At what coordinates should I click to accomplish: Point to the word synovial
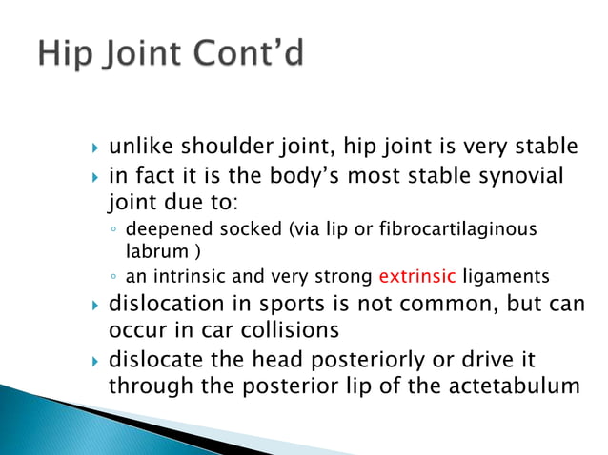(524, 176)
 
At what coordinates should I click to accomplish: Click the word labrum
(156, 252)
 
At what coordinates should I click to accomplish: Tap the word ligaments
(504, 278)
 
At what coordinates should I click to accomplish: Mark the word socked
(225, 230)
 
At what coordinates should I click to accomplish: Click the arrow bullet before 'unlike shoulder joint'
(94, 148)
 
